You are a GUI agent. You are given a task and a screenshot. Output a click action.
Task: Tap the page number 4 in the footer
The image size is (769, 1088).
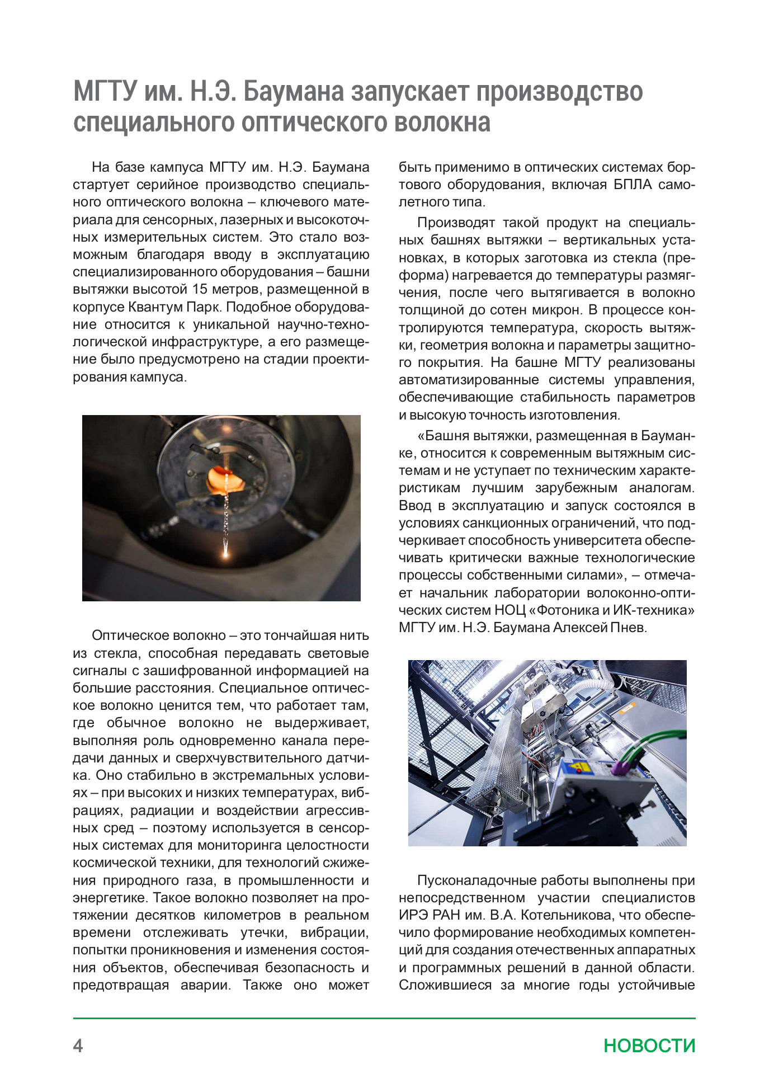(78, 1045)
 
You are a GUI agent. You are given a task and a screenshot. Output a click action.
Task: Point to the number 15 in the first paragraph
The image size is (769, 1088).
(200, 290)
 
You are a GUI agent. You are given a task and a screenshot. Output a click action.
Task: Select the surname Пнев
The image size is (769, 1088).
(628, 628)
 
